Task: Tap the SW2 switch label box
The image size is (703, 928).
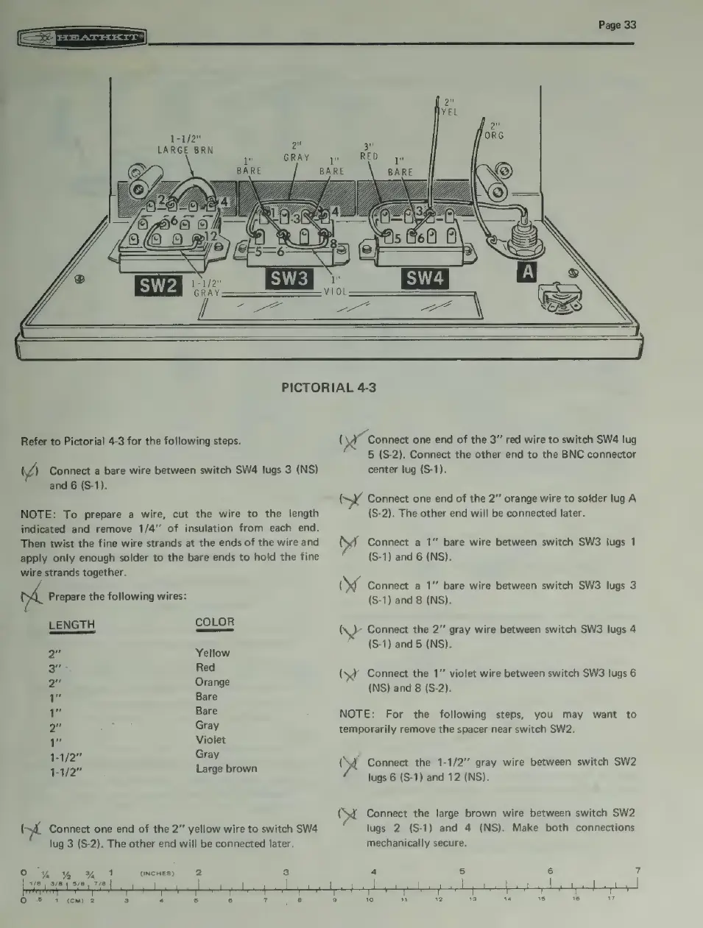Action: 158,285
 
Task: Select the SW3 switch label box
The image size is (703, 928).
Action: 289,279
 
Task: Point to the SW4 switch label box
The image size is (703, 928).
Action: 424,279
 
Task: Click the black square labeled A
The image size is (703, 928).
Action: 527,272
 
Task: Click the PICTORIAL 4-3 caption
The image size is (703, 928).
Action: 328,387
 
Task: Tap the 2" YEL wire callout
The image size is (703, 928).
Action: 449,107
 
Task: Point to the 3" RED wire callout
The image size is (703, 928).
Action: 368,151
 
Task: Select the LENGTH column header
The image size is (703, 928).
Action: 71,626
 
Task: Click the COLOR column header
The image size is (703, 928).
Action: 215,623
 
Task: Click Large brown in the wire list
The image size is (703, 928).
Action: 226,768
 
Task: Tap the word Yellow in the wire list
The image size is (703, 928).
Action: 212,653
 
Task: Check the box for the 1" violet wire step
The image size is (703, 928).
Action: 349,675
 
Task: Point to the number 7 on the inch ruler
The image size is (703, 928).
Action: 637,872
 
